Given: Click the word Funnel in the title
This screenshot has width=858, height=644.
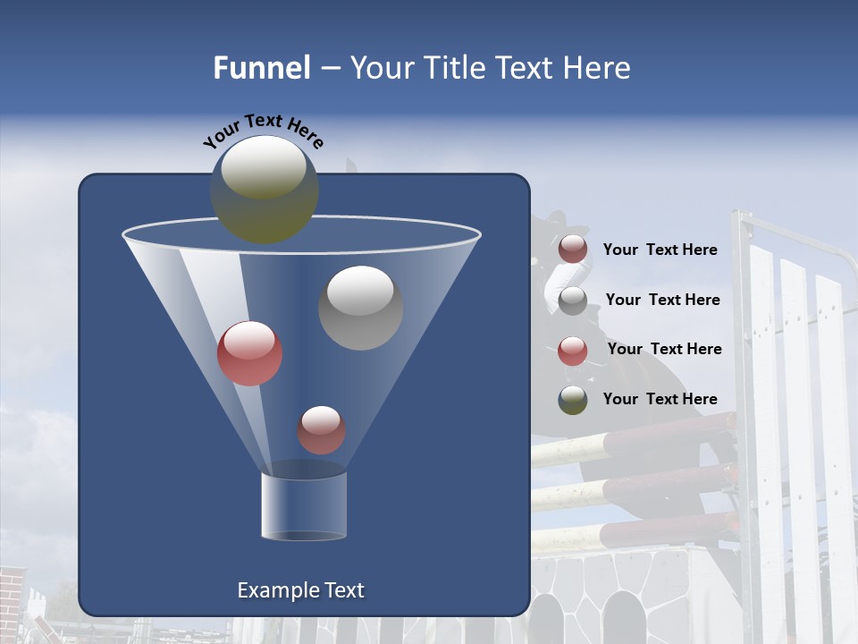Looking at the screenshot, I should [261, 68].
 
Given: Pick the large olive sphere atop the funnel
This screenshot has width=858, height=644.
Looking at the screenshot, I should [265, 189].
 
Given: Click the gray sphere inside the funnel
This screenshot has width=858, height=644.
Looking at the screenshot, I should [360, 308].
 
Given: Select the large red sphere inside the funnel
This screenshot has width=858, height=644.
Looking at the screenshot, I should [250, 353].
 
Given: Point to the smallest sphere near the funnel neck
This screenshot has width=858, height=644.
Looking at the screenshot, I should [321, 429].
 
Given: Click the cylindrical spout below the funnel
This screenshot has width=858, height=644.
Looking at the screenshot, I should [304, 506].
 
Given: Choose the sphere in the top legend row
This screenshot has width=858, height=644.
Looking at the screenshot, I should [573, 250].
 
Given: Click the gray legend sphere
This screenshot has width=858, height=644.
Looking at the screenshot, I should [573, 300].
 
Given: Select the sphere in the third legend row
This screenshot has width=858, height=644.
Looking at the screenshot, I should [573, 350].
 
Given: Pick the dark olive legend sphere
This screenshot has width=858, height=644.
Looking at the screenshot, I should [573, 400].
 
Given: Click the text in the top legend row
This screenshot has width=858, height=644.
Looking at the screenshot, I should [660, 250].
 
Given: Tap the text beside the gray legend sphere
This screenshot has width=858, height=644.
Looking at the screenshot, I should [662, 301].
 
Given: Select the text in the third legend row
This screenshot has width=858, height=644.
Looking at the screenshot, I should [664, 350].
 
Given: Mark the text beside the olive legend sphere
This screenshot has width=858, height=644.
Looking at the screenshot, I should [660, 400].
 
